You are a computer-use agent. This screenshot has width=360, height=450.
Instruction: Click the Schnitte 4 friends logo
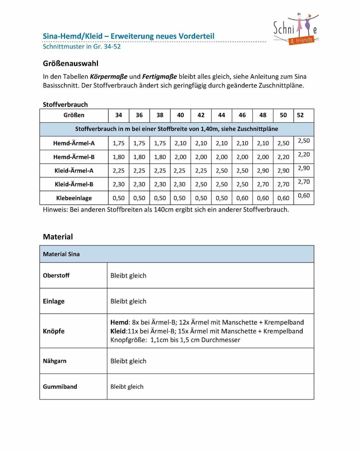[x=296, y=30]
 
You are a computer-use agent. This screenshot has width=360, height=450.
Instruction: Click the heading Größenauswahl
[x=71, y=63]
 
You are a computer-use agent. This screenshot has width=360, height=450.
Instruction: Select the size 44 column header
[x=221, y=115]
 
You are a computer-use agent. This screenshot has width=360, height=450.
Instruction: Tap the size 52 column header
[x=300, y=115]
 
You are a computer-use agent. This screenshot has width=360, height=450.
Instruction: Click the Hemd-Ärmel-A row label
[x=74, y=143]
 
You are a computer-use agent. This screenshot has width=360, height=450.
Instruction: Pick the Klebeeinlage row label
[x=74, y=198]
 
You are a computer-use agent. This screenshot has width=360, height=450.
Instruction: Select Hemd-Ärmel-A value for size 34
[x=118, y=143]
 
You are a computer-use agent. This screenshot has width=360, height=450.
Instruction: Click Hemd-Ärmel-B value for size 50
[x=283, y=157]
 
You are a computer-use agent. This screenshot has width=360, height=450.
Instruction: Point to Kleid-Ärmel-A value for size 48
[x=263, y=171]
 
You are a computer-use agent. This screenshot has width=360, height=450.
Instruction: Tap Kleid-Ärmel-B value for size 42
[x=201, y=184]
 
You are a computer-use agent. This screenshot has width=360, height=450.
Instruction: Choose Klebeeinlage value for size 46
[x=242, y=198]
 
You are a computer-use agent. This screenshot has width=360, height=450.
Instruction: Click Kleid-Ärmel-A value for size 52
[x=304, y=168]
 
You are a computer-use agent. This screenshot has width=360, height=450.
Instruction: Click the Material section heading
[x=58, y=237]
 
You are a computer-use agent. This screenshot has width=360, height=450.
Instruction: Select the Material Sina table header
[x=61, y=254]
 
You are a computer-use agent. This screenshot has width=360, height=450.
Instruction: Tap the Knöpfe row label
[x=54, y=331]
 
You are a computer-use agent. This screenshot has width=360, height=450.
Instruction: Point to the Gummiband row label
[x=60, y=387]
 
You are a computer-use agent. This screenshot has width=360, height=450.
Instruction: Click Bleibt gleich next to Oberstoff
[x=128, y=276]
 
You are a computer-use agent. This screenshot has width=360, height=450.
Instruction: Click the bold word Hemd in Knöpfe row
[x=119, y=323]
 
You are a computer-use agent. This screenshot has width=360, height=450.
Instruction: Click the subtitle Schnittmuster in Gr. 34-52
[x=82, y=46]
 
